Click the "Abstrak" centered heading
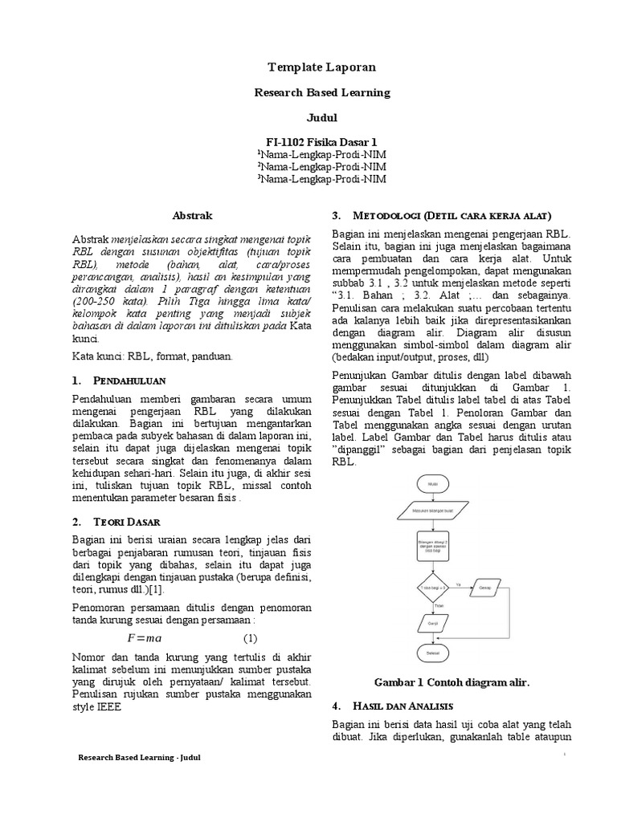click(194, 215)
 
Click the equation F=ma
click(145, 638)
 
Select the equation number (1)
click(251, 638)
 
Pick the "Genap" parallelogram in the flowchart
click(487, 588)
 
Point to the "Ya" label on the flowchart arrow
click(458, 584)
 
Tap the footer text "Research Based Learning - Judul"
click(138, 757)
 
